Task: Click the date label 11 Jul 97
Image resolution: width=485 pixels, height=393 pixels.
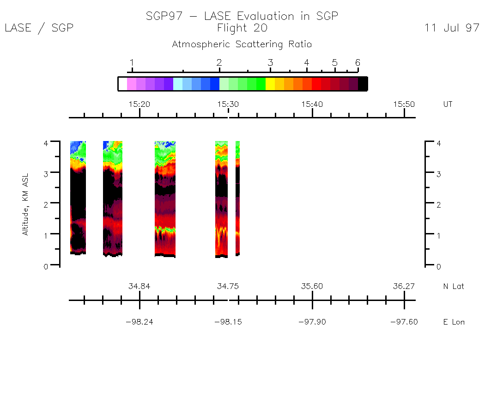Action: coord(452,28)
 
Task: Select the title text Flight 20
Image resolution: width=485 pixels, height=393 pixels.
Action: coord(242,28)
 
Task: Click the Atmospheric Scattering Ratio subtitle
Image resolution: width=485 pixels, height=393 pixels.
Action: coord(242,44)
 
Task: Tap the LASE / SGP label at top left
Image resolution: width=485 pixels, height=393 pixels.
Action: coord(39,28)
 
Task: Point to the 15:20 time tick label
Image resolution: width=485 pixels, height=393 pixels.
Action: coord(139,104)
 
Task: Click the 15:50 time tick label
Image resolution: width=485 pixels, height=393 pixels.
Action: coord(404,104)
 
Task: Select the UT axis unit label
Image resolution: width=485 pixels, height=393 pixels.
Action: coord(448,104)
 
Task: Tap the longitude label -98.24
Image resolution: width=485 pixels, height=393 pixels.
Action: coord(139,322)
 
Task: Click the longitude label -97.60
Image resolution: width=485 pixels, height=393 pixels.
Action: coord(404,322)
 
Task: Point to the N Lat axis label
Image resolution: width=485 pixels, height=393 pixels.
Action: coord(453,286)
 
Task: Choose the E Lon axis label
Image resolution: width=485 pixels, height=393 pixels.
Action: coord(454,322)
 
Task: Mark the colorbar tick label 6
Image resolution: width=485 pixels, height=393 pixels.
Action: coord(358,63)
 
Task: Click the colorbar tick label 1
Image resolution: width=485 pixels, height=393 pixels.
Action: coord(132,63)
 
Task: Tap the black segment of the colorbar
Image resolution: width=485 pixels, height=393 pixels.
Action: coord(363,84)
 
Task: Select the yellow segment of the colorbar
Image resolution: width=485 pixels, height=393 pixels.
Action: coord(270,84)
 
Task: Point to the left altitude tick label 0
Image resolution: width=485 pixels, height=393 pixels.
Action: coord(46,266)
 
